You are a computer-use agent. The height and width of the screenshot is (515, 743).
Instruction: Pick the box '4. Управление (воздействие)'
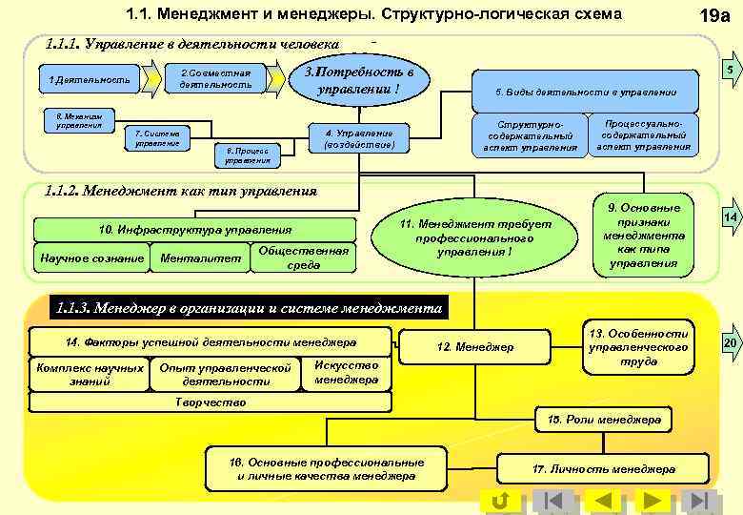(365, 138)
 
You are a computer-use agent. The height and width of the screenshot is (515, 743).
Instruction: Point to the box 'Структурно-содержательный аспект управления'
(531, 135)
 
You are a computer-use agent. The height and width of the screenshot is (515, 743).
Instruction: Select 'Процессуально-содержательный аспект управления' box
(644, 134)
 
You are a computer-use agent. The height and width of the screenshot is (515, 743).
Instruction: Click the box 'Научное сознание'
(91, 257)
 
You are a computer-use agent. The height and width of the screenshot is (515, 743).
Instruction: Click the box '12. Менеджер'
(474, 346)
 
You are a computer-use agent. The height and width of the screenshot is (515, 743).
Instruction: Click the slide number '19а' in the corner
(714, 16)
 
